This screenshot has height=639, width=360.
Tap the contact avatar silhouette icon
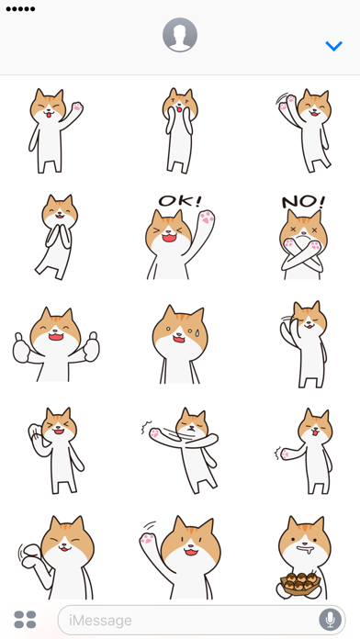(x=180, y=35)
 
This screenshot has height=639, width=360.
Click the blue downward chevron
(x=334, y=46)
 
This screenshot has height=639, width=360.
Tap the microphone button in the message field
(x=330, y=620)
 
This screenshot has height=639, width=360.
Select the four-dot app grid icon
(x=26, y=620)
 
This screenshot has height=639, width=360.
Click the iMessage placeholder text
(x=100, y=621)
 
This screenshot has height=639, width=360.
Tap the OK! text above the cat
(x=180, y=200)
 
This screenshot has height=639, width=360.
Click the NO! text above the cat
(x=303, y=202)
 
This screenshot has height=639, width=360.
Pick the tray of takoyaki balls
(x=299, y=582)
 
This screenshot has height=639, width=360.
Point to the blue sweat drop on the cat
(x=197, y=332)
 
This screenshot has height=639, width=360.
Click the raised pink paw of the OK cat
(x=207, y=218)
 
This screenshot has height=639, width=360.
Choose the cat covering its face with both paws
(x=179, y=130)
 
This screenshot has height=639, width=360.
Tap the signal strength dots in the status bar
(x=20, y=9)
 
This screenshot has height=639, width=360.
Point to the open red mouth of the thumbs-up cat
(x=56, y=337)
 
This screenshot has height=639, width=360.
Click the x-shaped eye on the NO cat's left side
(x=292, y=230)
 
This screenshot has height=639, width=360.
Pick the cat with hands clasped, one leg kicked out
(x=57, y=237)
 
